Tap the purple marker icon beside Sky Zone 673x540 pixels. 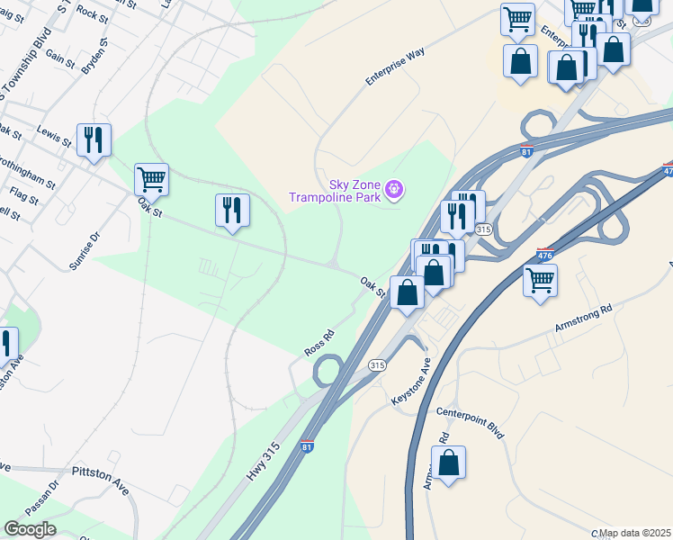(393, 190)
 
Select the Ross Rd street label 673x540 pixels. (319, 343)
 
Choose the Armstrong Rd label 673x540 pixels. (583, 319)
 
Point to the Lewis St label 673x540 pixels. (54, 137)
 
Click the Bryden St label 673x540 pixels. (94, 53)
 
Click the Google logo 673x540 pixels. (29, 528)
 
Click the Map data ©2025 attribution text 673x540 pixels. (635, 533)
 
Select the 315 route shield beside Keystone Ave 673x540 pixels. (378, 364)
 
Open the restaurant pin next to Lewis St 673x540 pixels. (94, 139)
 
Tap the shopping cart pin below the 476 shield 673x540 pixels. (540, 280)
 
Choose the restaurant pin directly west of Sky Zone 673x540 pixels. (232, 211)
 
